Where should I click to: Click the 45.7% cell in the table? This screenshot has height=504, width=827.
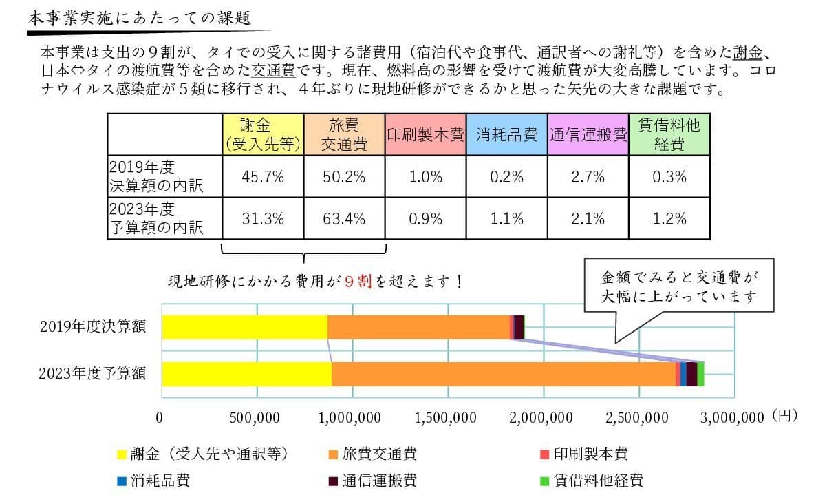(x=263, y=177)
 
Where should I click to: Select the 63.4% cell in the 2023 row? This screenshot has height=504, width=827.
(x=344, y=219)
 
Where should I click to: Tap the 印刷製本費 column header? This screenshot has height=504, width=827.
(x=425, y=134)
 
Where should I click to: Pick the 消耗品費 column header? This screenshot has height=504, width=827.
(x=506, y=134)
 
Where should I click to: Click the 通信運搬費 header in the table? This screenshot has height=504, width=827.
(x=588, y=134)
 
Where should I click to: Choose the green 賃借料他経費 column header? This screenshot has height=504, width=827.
(x=669, y=134)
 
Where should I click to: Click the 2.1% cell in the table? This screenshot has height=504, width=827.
(x=588, y=219)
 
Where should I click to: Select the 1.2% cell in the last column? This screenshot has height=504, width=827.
(x=669, y=219)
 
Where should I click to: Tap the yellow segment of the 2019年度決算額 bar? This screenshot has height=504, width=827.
(x=244, y=327)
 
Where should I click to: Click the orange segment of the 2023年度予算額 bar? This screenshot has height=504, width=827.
(x=502, y=374)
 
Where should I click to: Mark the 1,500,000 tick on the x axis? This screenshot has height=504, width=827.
(x=447, y=417)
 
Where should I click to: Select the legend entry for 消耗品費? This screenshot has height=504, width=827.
(x=154, y=481)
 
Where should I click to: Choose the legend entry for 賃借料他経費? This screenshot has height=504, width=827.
(x=592, y=481)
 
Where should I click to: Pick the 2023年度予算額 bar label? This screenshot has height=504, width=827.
(x=92, y=374)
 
